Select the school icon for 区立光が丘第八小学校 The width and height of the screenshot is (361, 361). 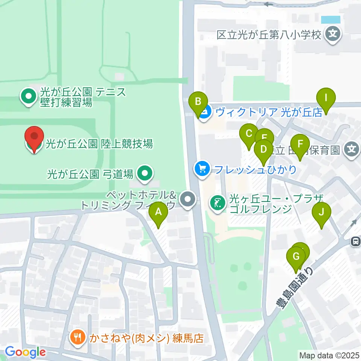point(332,35)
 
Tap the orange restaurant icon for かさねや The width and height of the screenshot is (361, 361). point(77,338)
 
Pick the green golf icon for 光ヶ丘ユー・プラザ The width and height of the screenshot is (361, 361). point(218,203)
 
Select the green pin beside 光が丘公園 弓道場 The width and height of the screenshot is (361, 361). point(144,174)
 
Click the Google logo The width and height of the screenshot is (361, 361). point(25,352)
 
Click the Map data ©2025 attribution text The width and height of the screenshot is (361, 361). point(329,355)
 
